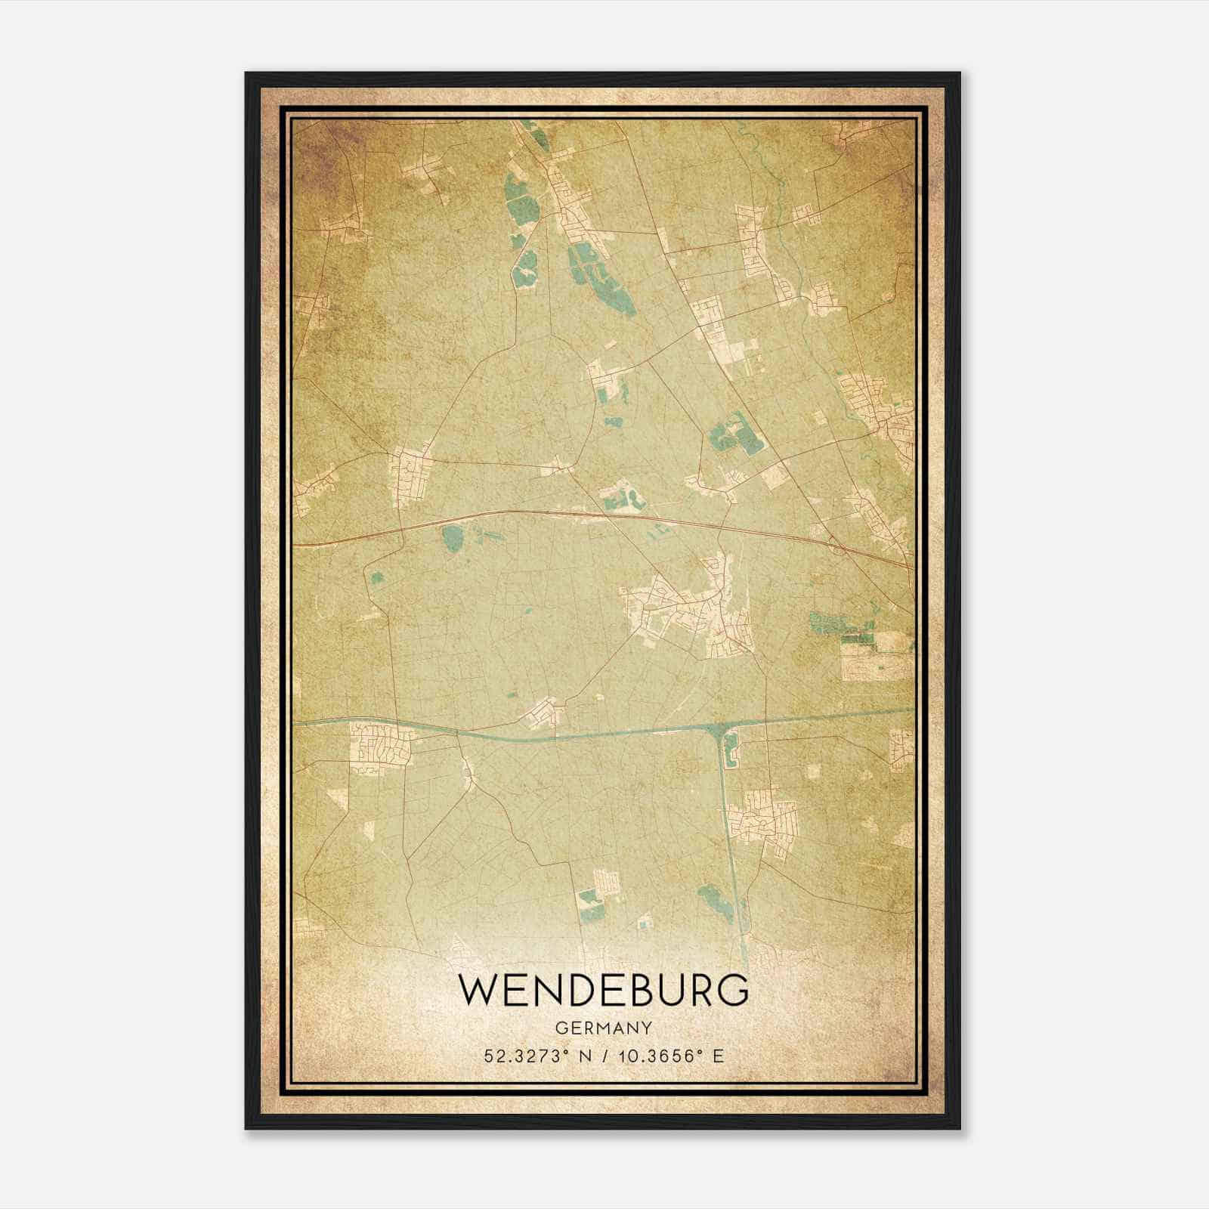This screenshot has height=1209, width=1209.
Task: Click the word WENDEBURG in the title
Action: click(x=603, y=991)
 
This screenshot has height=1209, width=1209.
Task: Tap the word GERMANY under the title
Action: click(x=603, y=1028)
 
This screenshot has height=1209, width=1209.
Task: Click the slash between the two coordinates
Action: click(x=604, y=1056)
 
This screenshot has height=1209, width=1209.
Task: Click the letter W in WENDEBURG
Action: click(x=476, y=991)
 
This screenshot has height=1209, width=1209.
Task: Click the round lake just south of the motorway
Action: click(x=454, y=538)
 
